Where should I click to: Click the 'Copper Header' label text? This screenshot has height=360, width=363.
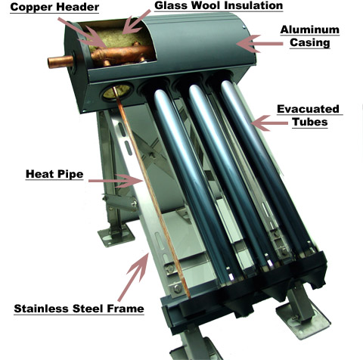(54, 7)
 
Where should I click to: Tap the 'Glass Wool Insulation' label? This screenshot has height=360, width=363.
(219, 5)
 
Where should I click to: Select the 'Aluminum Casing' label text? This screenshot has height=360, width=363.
(310, 36)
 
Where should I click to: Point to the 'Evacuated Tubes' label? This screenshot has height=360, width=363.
(309, 115)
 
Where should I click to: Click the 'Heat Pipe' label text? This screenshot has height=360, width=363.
(54, 174)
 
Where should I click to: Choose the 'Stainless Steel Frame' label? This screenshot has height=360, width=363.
(79, 309)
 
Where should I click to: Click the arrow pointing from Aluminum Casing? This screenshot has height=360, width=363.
(259, 44)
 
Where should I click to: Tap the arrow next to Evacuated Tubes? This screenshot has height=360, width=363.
(269, 123)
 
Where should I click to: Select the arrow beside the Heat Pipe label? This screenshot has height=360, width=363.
(116, 181)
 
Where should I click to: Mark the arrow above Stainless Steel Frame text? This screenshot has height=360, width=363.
(133, 277)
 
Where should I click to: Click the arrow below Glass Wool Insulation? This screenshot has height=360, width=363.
(136, 22)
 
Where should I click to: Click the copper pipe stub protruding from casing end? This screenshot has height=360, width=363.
(60, 61)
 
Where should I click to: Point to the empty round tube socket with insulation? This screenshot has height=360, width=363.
(117, 92)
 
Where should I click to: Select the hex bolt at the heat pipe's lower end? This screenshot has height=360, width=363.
(178, 288)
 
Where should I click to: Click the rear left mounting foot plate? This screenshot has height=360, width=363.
(116, 235)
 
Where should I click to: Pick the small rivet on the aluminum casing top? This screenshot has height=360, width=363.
(244, 27)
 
